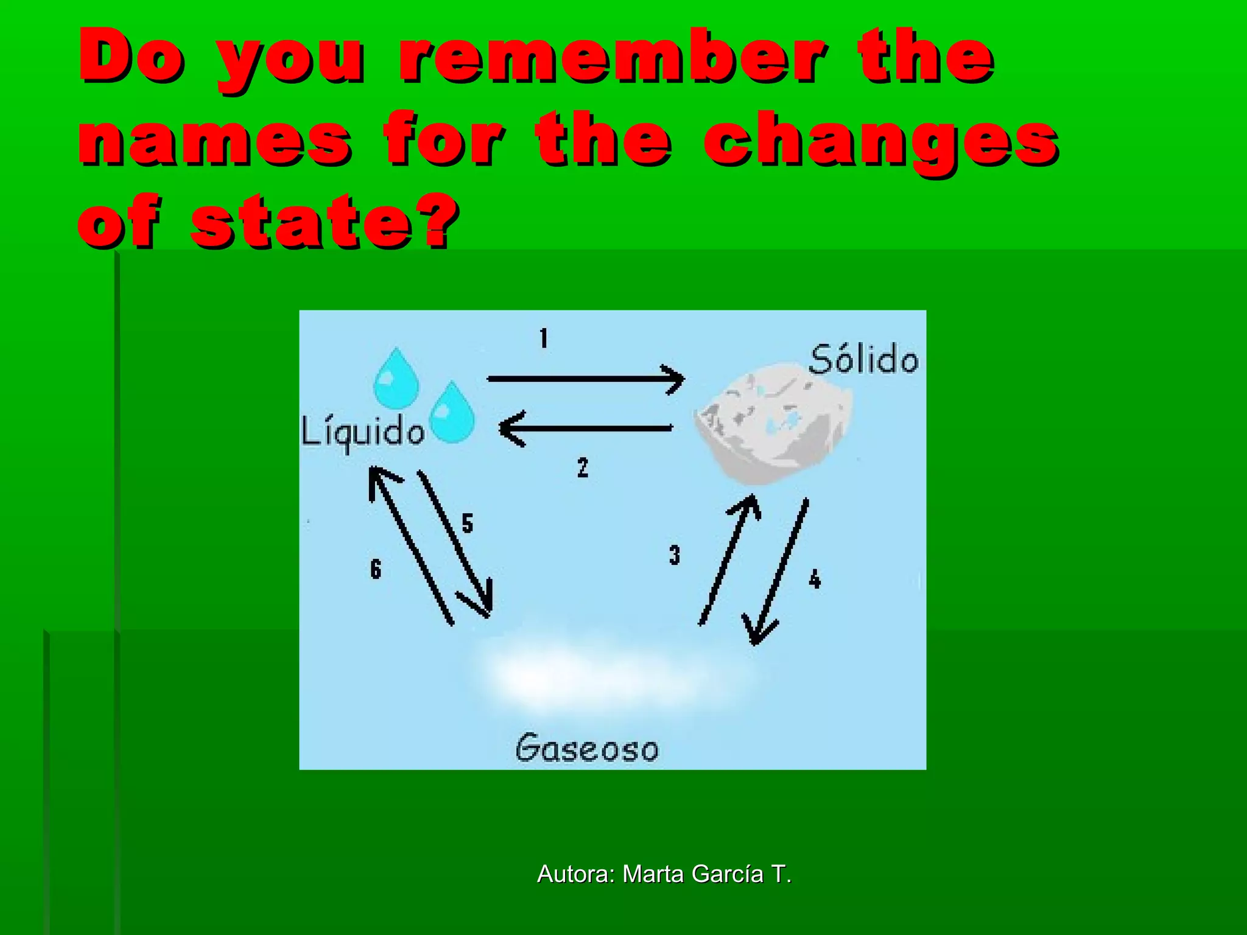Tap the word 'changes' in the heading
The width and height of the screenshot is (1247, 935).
tap(881, 141)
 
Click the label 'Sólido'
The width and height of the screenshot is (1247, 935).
tap(863, 359)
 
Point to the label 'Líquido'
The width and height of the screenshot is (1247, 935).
tap(363, 432)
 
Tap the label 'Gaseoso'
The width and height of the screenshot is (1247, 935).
tap(586, 748)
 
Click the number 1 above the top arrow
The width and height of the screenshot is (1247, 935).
tap(544, 338)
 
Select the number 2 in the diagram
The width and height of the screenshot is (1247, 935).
tap(583, 467)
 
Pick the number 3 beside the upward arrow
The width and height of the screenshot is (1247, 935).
tap(674, 555)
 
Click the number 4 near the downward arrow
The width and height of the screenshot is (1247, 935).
tap(815, 578)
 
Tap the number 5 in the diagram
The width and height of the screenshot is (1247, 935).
tap(467, 523)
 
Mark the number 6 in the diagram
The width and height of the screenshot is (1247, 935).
tap(376, 569)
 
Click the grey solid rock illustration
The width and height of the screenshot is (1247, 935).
tap(773, 423)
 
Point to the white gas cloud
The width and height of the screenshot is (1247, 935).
tap(609, 676)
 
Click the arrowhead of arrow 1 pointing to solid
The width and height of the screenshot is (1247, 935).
tap(676, 379)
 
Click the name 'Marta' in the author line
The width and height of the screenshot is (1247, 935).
tap(653, 874)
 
